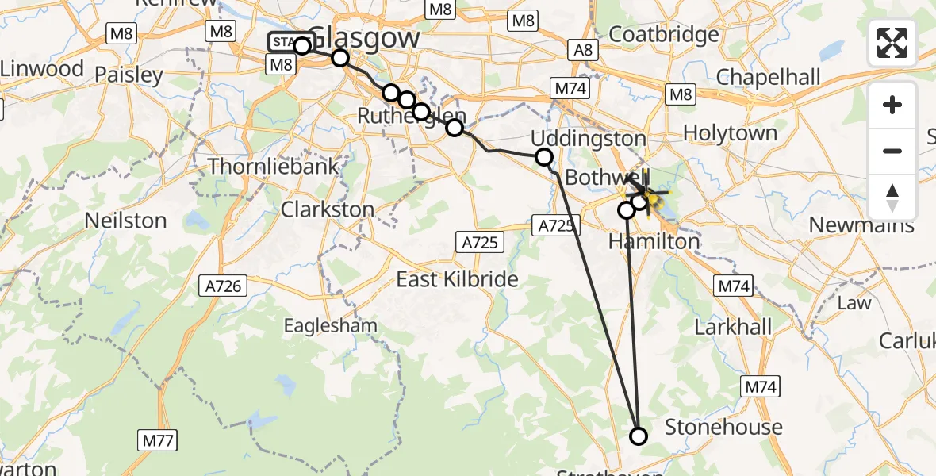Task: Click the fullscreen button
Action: point(892,43)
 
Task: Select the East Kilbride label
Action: point(457,279)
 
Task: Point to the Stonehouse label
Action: point(723,427)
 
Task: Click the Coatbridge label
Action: point(664,35)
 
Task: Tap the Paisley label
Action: point(129,75)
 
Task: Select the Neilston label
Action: point(127,220)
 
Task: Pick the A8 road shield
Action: point(583,50)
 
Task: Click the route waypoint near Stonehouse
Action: point(638,436)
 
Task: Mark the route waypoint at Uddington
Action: point(544,157)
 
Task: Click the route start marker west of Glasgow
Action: point(301,45)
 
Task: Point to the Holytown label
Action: point(730,132)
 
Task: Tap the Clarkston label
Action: point(329,209)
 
